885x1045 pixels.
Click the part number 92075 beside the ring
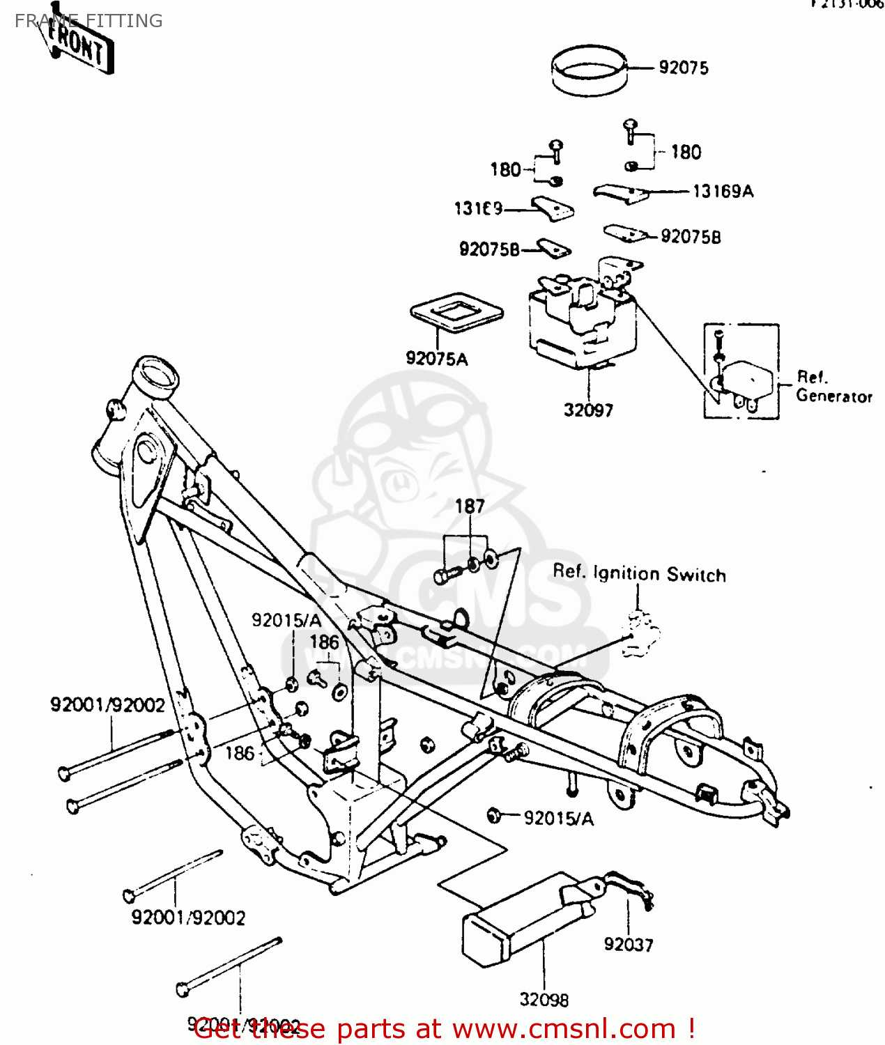(683, 68)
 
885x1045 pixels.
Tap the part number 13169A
(723, 191)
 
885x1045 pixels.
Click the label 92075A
(437, 359)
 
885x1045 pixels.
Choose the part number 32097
(588, 410)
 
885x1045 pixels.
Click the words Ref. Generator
(833, 387)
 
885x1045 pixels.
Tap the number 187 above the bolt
(470, 506)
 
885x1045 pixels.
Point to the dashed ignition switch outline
(640, 634)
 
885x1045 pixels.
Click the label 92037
(629, 945)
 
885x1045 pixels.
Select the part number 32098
(544, 1000)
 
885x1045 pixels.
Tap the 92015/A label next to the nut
(558, 819)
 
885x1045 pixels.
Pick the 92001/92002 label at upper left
(107, 705)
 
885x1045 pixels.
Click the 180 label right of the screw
(686, 152)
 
